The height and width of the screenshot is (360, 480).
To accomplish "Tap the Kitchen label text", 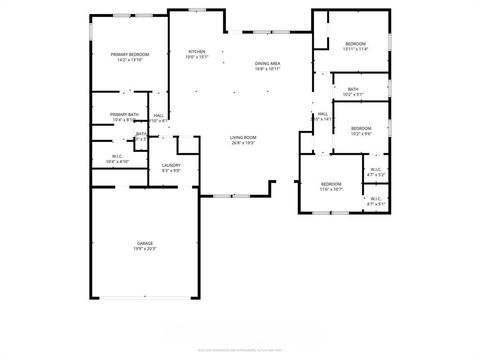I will (x=196, y=51).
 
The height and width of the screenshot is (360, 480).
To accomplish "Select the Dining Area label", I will (x=268, y=63).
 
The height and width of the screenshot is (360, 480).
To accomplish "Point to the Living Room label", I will (x=244, y=137).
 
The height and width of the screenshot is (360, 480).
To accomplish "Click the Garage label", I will (x=145, y=243).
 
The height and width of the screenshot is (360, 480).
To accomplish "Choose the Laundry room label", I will (x=171, y=165).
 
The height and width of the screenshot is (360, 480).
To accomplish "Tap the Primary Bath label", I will (x=124, y=115).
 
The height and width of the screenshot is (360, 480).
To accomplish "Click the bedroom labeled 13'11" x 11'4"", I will (x=356, y=44).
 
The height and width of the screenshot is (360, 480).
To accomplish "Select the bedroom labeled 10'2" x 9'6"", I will (x=360, y=128).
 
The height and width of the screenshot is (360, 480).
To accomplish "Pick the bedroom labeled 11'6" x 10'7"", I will (x=331, y=184).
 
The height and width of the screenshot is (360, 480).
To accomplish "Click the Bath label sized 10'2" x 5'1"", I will (x=353, y=89).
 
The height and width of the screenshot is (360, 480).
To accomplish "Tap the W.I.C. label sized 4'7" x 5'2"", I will (x=376, y=169).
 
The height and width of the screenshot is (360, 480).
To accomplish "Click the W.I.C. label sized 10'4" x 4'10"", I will (x=117, y=155).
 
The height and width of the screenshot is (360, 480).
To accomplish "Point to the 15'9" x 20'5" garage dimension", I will (x=145, y=249).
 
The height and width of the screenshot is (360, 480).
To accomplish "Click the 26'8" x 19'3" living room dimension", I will (x=244, y=143).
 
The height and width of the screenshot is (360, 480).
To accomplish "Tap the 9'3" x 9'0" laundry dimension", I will (x=171, y=171).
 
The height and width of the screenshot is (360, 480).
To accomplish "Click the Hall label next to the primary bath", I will (x=159, y=115).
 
